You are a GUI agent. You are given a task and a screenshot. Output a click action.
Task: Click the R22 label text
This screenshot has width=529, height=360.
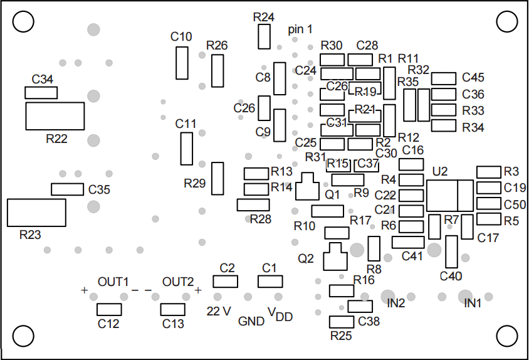pos(56,139)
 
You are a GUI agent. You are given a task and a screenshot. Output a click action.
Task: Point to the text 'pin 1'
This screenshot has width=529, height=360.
pos(300,29)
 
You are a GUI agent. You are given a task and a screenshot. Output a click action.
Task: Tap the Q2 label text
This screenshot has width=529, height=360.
pos(306,258)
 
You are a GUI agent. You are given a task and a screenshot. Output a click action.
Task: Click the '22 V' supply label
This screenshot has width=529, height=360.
pos(219,311)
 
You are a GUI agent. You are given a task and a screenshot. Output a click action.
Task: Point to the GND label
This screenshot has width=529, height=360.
pos(251,321)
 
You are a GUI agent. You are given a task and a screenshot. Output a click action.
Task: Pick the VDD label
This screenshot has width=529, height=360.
pos(280,314)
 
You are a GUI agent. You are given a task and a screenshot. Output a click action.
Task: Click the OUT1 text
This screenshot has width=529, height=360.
pos(113,282)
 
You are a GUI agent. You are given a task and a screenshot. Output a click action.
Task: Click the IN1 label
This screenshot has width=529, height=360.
pos(473,304)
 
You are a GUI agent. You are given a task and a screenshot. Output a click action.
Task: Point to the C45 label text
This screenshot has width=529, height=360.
pos(473,77)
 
